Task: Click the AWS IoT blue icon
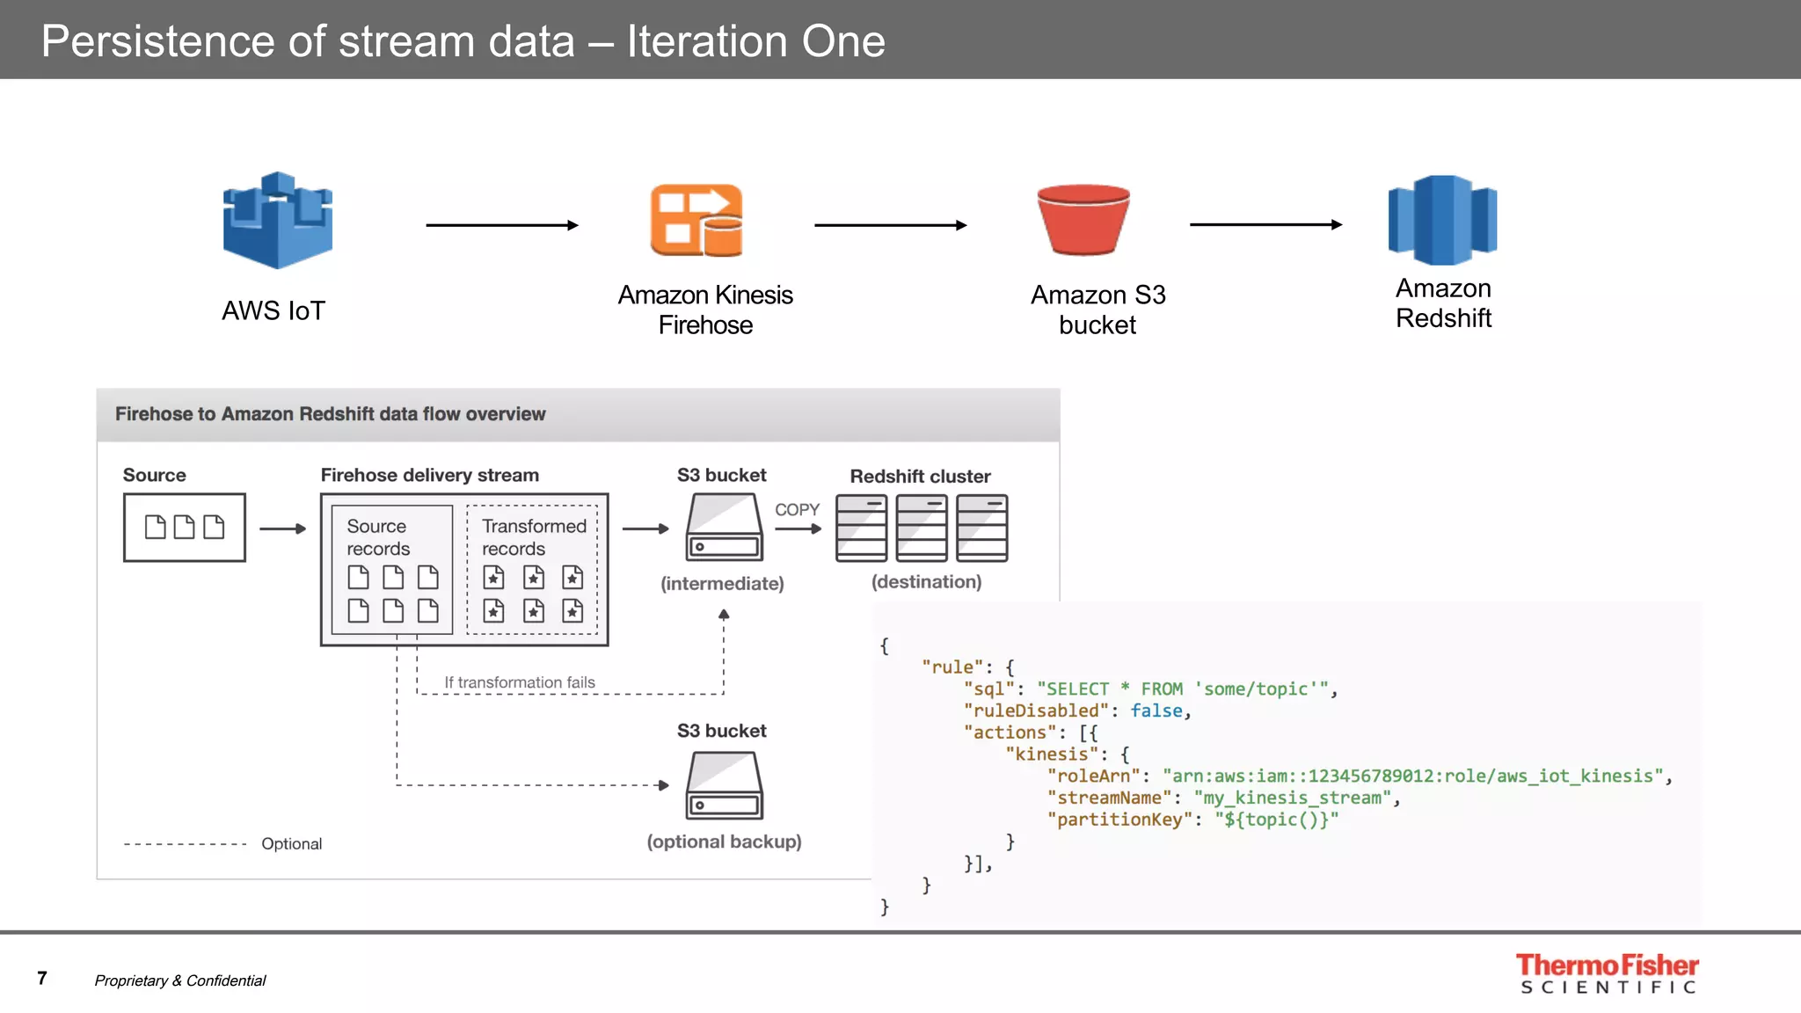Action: [x=277, y=220]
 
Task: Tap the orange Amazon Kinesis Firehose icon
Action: [x=696, y=221]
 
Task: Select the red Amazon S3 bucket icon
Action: [x=1083, y=220]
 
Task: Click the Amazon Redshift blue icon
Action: [x=1442, y=221]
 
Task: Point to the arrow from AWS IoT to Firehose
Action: [x=501, y=225]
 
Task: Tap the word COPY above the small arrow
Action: [x=797, y=510]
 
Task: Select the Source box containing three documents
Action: [x=185, y=527]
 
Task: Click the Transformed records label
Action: [x=533, y=536]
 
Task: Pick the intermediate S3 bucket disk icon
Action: [x=724, y=527]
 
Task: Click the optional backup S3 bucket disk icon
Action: [x=724, y=785]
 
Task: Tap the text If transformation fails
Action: [x=519, y=682]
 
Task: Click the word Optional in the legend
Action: [x=291, y=844]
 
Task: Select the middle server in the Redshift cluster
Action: [x=921, y=528]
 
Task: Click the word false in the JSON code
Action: [x=1156, y=711]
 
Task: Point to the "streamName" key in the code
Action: [x=1108, y=798]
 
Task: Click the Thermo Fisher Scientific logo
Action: [x=1607, y=973]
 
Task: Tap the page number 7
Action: [x=42, y=978]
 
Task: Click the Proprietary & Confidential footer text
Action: [x=180, y=980]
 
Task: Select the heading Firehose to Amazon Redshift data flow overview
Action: [x=330, y=414]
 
